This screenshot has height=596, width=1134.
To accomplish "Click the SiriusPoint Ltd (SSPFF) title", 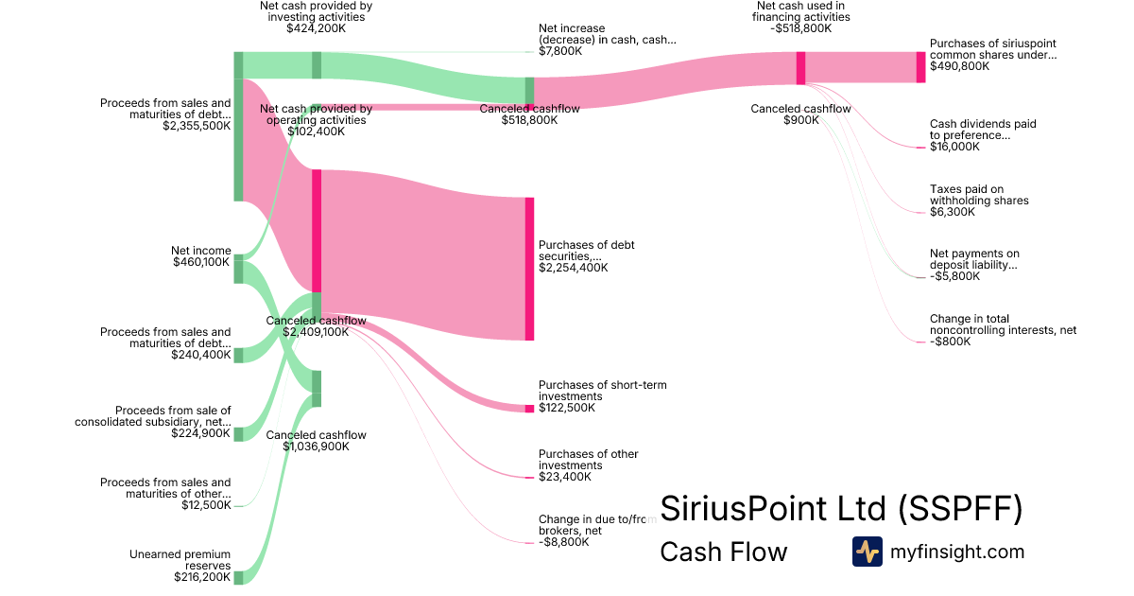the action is click(841, 509).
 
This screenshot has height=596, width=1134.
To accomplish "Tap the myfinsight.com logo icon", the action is click(867, 552).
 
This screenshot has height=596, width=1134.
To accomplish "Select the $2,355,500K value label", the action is click(197, 125).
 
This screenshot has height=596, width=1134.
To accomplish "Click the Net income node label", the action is click(200, 251).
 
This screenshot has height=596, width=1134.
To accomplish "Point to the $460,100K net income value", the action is click(201, 262).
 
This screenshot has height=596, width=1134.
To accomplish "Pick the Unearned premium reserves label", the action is click(180, 559).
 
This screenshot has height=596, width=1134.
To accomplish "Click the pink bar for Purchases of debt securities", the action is click(529, 269).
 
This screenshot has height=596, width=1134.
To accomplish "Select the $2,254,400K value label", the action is click(574, 268).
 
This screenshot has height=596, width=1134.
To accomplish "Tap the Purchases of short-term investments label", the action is click(603, 391).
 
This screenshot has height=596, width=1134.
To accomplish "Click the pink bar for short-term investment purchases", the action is click(529, 408).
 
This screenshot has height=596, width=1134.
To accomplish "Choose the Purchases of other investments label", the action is click(588, 460).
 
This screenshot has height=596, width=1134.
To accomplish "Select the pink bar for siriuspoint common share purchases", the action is click(920, 67).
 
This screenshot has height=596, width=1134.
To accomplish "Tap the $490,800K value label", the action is click(960, 66).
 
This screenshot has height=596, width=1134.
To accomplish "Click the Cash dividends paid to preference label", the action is click(983, 130).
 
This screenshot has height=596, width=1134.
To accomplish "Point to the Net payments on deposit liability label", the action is click(974, 259).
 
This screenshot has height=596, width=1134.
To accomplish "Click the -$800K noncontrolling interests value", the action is click(951, 342).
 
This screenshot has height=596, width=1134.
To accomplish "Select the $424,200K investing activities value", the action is click(317, 28).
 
